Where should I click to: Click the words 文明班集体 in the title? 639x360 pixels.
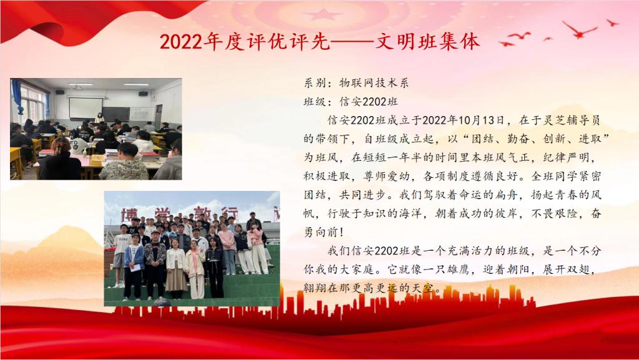pos(427,42)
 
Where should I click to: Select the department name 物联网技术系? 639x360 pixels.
pos(374,83)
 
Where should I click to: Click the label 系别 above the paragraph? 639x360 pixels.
pos(315,83)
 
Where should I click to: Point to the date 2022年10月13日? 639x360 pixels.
pos(464,120)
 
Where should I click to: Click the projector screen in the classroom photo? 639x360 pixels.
pos(85,108)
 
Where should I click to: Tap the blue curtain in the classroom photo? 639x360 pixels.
pos(17,97)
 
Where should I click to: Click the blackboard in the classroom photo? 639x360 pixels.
pos(115,114)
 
